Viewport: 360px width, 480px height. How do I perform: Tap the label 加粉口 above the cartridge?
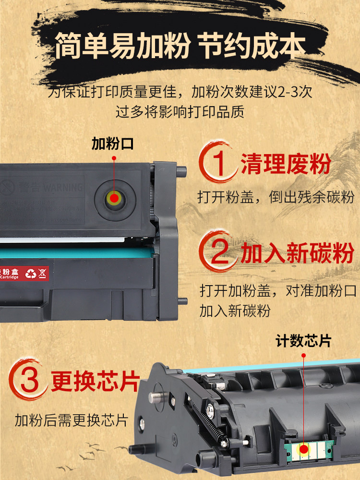pos(113,143)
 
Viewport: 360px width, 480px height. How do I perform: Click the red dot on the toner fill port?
pos(114,197)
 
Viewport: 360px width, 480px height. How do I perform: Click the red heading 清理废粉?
pos(286,164)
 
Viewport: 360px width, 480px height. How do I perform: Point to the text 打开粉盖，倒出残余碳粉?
pos(276,197)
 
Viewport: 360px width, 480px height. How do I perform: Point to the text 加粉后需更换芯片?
pos(72,420)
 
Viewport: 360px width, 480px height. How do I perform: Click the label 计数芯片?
pos(303,341)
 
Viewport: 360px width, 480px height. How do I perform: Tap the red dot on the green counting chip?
pos(303,450)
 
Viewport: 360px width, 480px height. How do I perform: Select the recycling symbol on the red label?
pos(30,274)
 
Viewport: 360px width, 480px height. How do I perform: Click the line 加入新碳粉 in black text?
pos(235,311)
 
